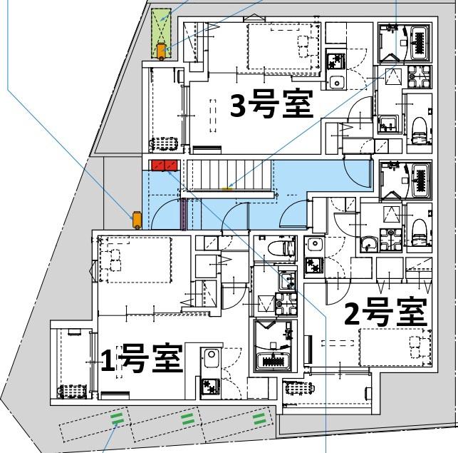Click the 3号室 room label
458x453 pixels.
(x=271, y=106)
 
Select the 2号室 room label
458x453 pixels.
(x=385, y=312)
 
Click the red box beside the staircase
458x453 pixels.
(x=164, y=166)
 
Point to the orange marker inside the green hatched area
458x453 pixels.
(x=162, y=50)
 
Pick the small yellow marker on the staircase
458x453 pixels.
(x=227, y=189)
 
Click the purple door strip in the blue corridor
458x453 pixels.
(x=184, y=215)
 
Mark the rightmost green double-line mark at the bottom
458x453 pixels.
(x=259, y=417)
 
